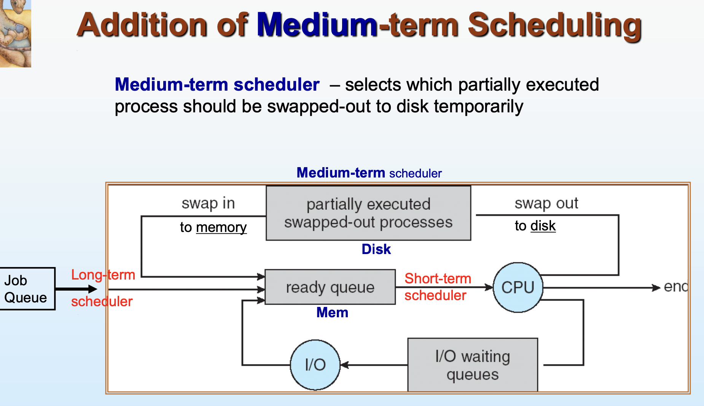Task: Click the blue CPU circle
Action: tap(518, 288)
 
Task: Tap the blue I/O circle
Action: tap(315, 365)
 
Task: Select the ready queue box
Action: tap(330, 287)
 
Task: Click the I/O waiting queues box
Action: tap(473, 365)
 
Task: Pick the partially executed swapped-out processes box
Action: tap(368, 213)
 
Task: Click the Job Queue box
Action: tap(27, 289)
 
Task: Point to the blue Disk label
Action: tap(376, 249)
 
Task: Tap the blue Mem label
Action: tap(332, 312)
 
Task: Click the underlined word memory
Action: tap(221, 227)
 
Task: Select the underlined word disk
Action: tap(543, 226)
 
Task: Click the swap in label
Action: tap(208, 204)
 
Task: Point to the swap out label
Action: tap(546, 204)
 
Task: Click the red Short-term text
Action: tap(438, 278)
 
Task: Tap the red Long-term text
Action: tap(103, 275)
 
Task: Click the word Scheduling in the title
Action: tap(555, 26)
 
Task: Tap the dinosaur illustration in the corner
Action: tap(15, 34)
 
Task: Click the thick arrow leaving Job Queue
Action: tap(76, 289)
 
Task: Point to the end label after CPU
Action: tap(676, 286)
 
